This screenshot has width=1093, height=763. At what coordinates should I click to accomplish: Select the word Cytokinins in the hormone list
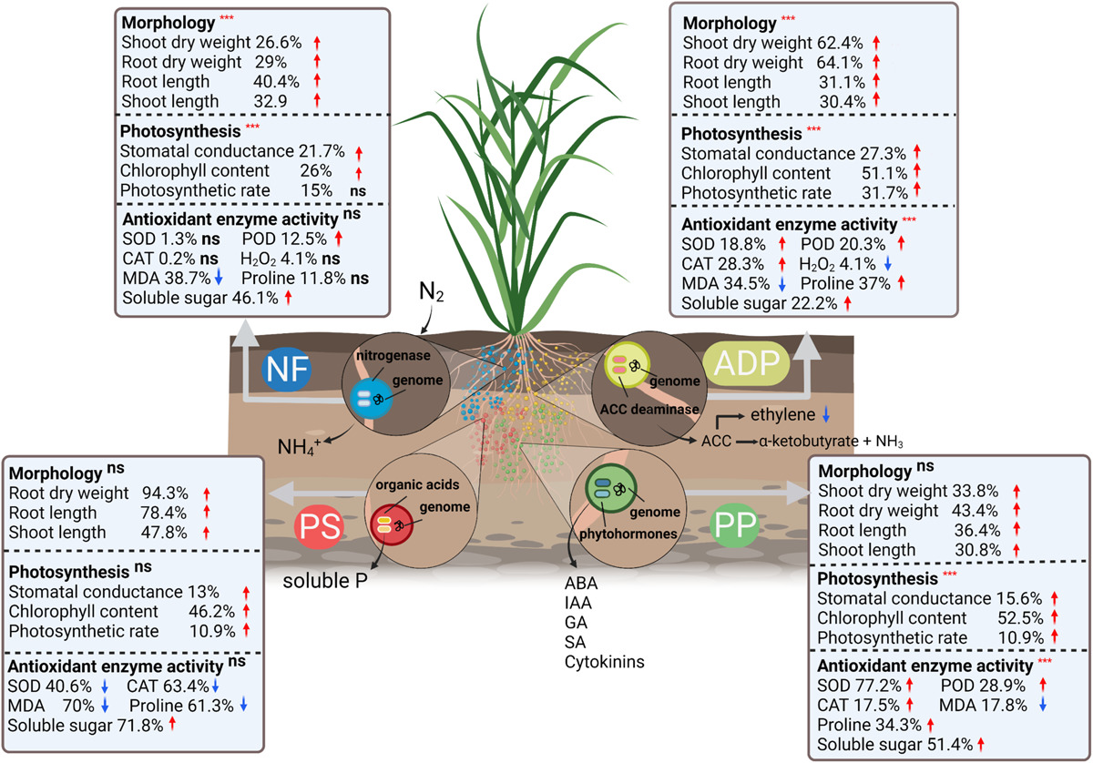point(604,661)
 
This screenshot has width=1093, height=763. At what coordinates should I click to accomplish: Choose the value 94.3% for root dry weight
point(165,493)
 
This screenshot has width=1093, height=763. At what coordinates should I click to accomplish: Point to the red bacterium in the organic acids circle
point(384,524)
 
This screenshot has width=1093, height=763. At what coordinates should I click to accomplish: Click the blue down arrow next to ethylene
point(825,414)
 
